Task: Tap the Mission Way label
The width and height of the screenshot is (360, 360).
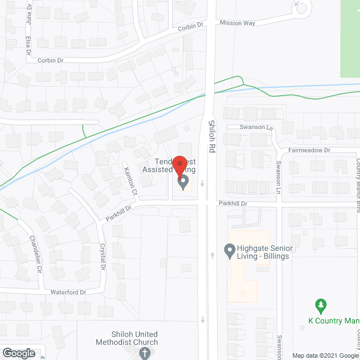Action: click(237, 23)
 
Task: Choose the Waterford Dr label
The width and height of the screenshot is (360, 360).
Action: click(67, 292)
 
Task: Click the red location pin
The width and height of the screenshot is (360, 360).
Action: click(180, 165)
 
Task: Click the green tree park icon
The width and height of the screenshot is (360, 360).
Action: click(321, 307)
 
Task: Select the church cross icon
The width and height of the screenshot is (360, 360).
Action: click(145, 353)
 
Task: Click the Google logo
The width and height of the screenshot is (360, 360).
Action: click(18, 353)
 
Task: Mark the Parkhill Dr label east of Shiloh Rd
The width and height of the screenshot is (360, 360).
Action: click(233, 203)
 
